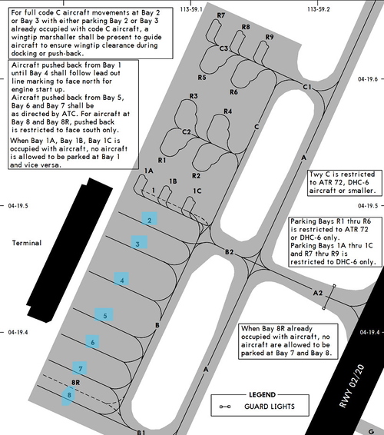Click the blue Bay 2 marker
click(x=149, y=218)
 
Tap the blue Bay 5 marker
click(x=104, y=314)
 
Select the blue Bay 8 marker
click(x=68, y=396)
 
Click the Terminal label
click(x=27, y=243)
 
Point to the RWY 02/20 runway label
click(x=352, y=386)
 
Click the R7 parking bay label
click(x=220, y=15)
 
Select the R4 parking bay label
click(x=227, y=111)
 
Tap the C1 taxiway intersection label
click(x=307, y=87)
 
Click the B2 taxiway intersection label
click(x=229, y=252)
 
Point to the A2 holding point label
click(x=318, y=293)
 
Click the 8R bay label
click(x=75, y=383)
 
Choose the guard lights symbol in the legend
click(x=224, y=407)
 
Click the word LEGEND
click(x=262, y=395)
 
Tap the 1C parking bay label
click(x=197, y=191)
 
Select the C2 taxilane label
click(x=187, y=131)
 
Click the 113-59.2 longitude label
click(x=319, y=9)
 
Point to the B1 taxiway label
click(x=141, y=432)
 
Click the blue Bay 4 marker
click(x=121, y=280)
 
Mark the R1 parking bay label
click(x=161, y=160)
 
